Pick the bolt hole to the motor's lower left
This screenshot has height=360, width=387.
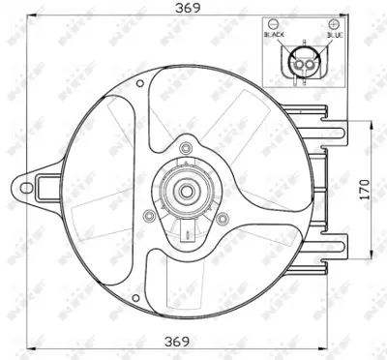(148, 216)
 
